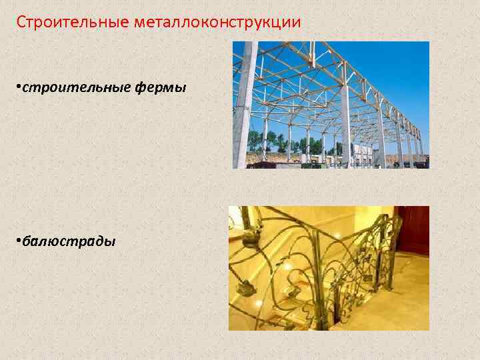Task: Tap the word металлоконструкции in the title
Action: (x=217, y=22)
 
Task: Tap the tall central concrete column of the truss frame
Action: (x=345, y=127)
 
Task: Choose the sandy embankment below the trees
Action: (x=267, y=160)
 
